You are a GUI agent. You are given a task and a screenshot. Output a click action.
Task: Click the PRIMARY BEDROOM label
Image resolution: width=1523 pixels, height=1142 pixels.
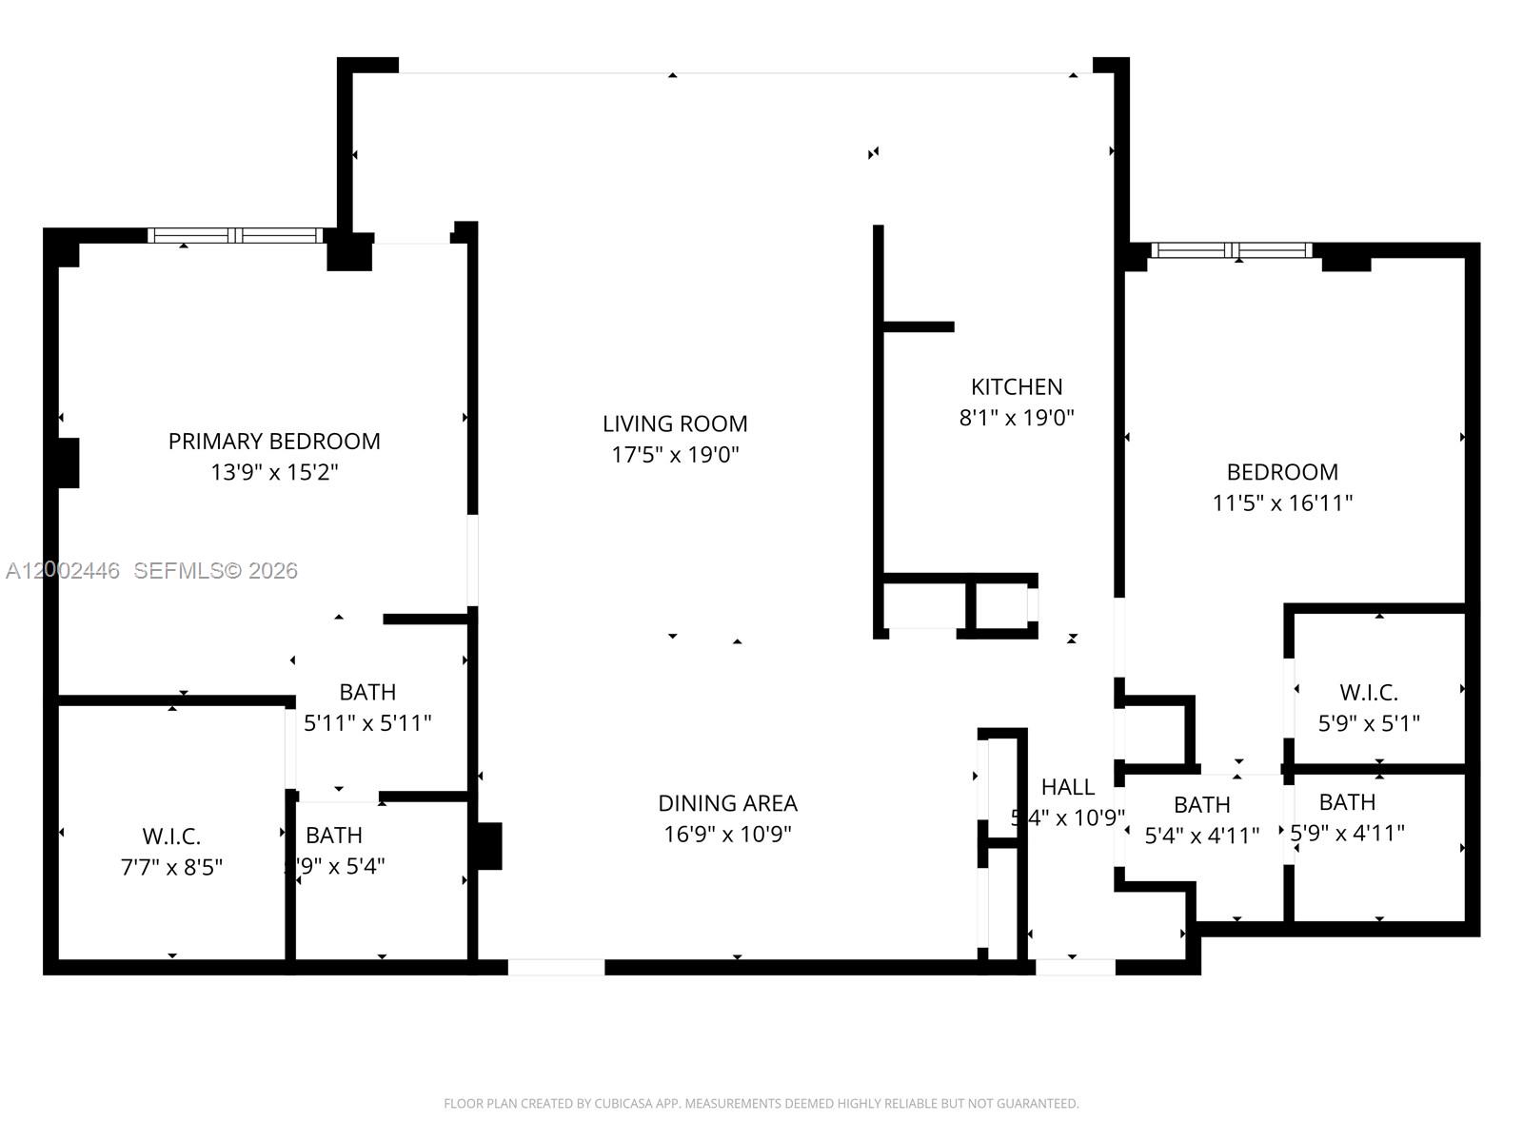(274, 441)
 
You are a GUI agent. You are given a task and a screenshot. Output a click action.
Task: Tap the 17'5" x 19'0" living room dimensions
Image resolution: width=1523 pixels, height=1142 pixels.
(675, 455)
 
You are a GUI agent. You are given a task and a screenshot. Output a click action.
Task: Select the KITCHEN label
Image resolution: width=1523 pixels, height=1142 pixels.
(1017, 386)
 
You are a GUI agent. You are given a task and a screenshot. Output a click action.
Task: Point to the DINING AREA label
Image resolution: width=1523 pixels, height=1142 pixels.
(728, 803)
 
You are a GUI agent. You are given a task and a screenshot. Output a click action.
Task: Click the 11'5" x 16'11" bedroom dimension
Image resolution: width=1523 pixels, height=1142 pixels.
(1282, 502)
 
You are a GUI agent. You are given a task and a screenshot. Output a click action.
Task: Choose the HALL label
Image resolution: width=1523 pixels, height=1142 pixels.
(1067, 787)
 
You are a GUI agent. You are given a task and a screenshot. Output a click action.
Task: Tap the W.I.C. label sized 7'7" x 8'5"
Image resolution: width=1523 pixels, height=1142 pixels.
(171, 837)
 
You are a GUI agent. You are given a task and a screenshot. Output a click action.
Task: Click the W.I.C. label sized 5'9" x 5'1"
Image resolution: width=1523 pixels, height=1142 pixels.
(1369, 692)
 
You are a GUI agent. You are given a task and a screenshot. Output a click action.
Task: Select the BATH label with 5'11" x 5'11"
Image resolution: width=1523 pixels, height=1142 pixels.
(367, 692)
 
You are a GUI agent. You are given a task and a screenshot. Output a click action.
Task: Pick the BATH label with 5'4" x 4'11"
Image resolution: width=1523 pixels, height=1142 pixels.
(1201, 805)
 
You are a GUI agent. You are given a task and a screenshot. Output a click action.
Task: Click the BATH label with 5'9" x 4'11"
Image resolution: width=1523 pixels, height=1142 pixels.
(1347, 802)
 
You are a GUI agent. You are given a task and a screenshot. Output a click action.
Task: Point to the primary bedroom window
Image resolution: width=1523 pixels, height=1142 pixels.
(236, 235)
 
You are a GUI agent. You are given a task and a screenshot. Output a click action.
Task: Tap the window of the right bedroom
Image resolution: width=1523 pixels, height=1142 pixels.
(1232, 251)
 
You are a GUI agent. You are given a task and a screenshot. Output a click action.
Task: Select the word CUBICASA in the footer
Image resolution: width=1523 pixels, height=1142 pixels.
(622, 1104)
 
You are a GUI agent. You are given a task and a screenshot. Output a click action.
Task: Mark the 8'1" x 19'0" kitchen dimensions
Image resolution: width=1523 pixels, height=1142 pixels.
(1017, 417)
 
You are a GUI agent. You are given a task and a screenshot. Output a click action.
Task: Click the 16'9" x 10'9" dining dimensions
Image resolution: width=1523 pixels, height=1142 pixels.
(728, 834)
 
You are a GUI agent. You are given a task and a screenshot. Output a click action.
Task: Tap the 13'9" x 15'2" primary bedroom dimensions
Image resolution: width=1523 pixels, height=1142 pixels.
(274, 472)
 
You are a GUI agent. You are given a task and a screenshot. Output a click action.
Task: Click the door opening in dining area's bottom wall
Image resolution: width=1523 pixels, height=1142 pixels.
(556, 967)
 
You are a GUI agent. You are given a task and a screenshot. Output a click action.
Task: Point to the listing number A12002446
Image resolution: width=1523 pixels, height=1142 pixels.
(63, 571)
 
